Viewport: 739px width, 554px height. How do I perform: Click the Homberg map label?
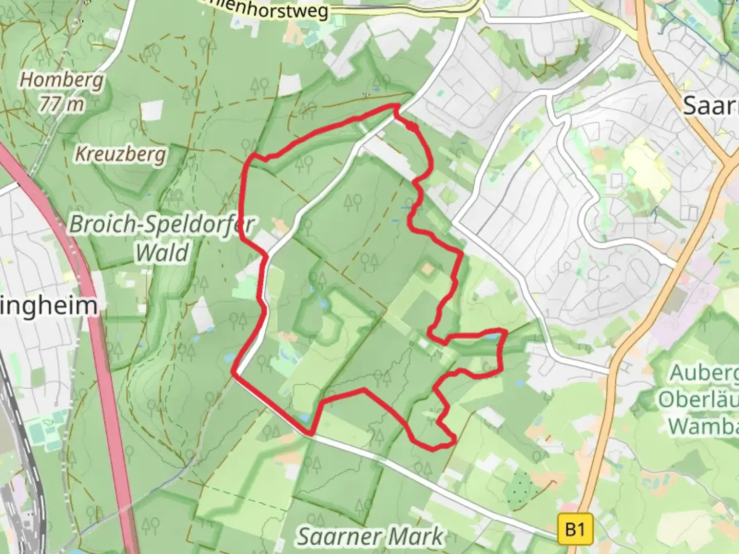coord(62,80)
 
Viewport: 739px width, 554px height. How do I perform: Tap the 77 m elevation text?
coord(62,104)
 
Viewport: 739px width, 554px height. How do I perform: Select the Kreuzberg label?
coord(121,154)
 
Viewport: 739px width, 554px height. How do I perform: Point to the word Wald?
coord(162,253)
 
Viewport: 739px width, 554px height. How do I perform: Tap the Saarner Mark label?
coord(370,537)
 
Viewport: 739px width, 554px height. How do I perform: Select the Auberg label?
coord(704,373)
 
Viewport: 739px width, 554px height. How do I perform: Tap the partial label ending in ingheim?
coord(49,306)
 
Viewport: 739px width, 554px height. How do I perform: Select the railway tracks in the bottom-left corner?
coord(23,487)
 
